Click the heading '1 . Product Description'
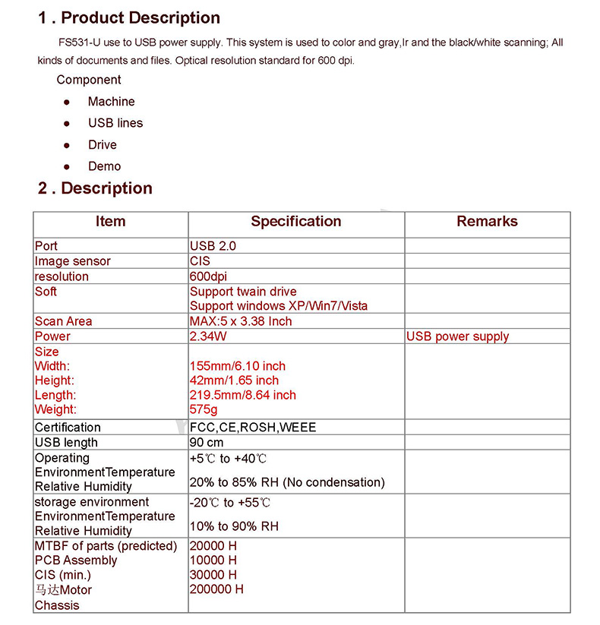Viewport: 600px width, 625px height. [129, 18]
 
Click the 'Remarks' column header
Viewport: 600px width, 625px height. [487, 222]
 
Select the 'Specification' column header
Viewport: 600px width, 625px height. [295, 222]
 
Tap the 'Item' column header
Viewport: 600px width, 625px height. [110, 222]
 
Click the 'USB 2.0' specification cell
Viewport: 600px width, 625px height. [213, 246]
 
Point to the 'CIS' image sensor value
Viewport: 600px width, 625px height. [200, 261]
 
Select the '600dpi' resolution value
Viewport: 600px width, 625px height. [209, 276]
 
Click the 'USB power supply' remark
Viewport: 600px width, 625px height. [457, 336]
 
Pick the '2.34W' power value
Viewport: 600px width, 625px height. [206, 336]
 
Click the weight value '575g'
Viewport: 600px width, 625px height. [204, 409]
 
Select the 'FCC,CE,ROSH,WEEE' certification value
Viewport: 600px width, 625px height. [253, 428]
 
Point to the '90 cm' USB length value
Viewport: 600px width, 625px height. [207, 443]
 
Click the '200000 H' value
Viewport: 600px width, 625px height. [216, 589]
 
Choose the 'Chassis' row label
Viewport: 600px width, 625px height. [57, 605]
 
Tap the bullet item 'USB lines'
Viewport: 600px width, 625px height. [115, 123]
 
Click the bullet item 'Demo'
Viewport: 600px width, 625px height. [104, 166]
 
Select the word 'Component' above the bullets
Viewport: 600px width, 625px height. [89, 80]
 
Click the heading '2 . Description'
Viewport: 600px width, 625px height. [95, 188]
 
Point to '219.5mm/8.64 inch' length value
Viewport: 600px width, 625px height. [243, 395]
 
